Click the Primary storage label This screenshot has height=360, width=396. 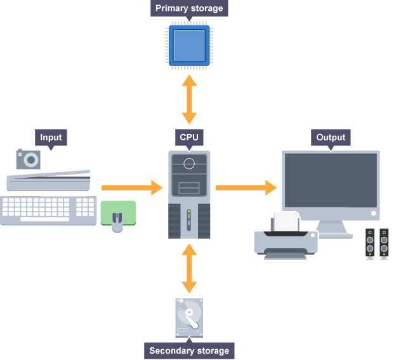pyautogui.click(x=190, y=9)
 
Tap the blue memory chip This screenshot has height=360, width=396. pyautogui.click(x=190, y=46)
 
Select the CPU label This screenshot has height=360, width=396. pyautogui.click(x=189, y=137)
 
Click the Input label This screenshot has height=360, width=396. pyautogui.click(x=51, y=137)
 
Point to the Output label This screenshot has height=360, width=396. pyautogui.click(x=331, y=137)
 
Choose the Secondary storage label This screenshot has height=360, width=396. pyautogui.click(x=189, y=350)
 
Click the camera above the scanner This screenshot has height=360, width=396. pyautogui.click(x=27, y=159)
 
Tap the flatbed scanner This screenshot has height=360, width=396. pyautogui.click(x=48, y=180)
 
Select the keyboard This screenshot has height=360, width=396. pyautogui.click(x=48, y=210)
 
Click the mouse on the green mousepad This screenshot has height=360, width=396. pyautogui.click(x=117, y=222)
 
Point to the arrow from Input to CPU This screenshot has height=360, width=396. pyautogui.click(x=131, y=187)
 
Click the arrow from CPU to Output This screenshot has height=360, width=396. pyautogui.click(x=246, y=187)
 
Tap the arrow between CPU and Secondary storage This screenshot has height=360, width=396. pyautogui.click(x=189, y=267)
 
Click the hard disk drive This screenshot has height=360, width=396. pyautogui.click(x=189, y=318)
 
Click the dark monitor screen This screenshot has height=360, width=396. pyautogui.click(x=331, y=182)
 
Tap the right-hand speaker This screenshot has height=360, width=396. pyautogui.click(x=384, y=243)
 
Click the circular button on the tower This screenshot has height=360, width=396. pyautogui.click(x=189, y=164)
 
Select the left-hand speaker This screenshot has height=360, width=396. pyautogui.click(x=370, y=243)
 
